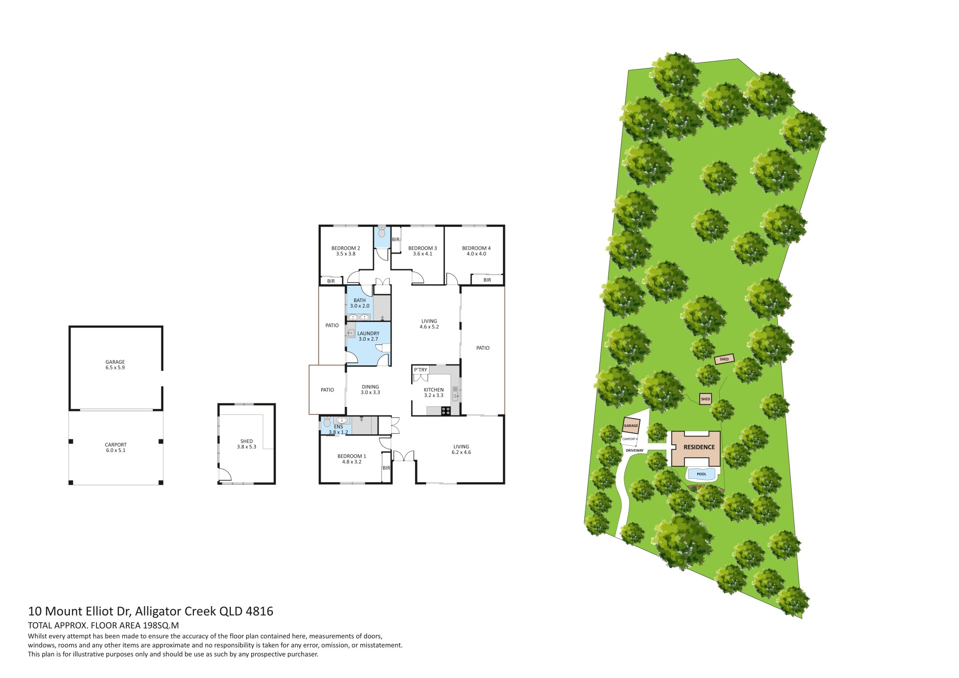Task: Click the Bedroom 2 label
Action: [x=346, y=248]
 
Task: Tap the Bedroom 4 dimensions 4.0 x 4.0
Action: [x=477, y=254]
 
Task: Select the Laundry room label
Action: [x=368, y=334]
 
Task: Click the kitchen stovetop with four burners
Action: [x=446, y=411]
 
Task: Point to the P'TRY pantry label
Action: [x=421, y=370]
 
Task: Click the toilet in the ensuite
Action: [x=327, y=421]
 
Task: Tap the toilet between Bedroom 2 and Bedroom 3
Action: [x=382, y=232]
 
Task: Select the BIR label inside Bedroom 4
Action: [x=487, y=280]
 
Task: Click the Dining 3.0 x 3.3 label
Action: [x=371, y=389]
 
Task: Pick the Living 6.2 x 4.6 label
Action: [x=461, y=449]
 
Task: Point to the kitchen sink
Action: [x=455, y=393]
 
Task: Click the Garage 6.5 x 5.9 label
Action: [x=115, y=364]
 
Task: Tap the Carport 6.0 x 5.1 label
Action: [x=115, y=447]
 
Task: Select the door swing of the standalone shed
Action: [x=225, y=475]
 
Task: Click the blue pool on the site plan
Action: [x=702, y=474]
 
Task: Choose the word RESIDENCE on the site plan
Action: [x=699, y=447]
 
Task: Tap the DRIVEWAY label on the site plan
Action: [x=634, y=450]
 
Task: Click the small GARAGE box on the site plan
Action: [x=631, y=425]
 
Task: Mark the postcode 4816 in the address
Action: [x=260, y=611]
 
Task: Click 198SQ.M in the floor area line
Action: [x=161, y=626]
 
